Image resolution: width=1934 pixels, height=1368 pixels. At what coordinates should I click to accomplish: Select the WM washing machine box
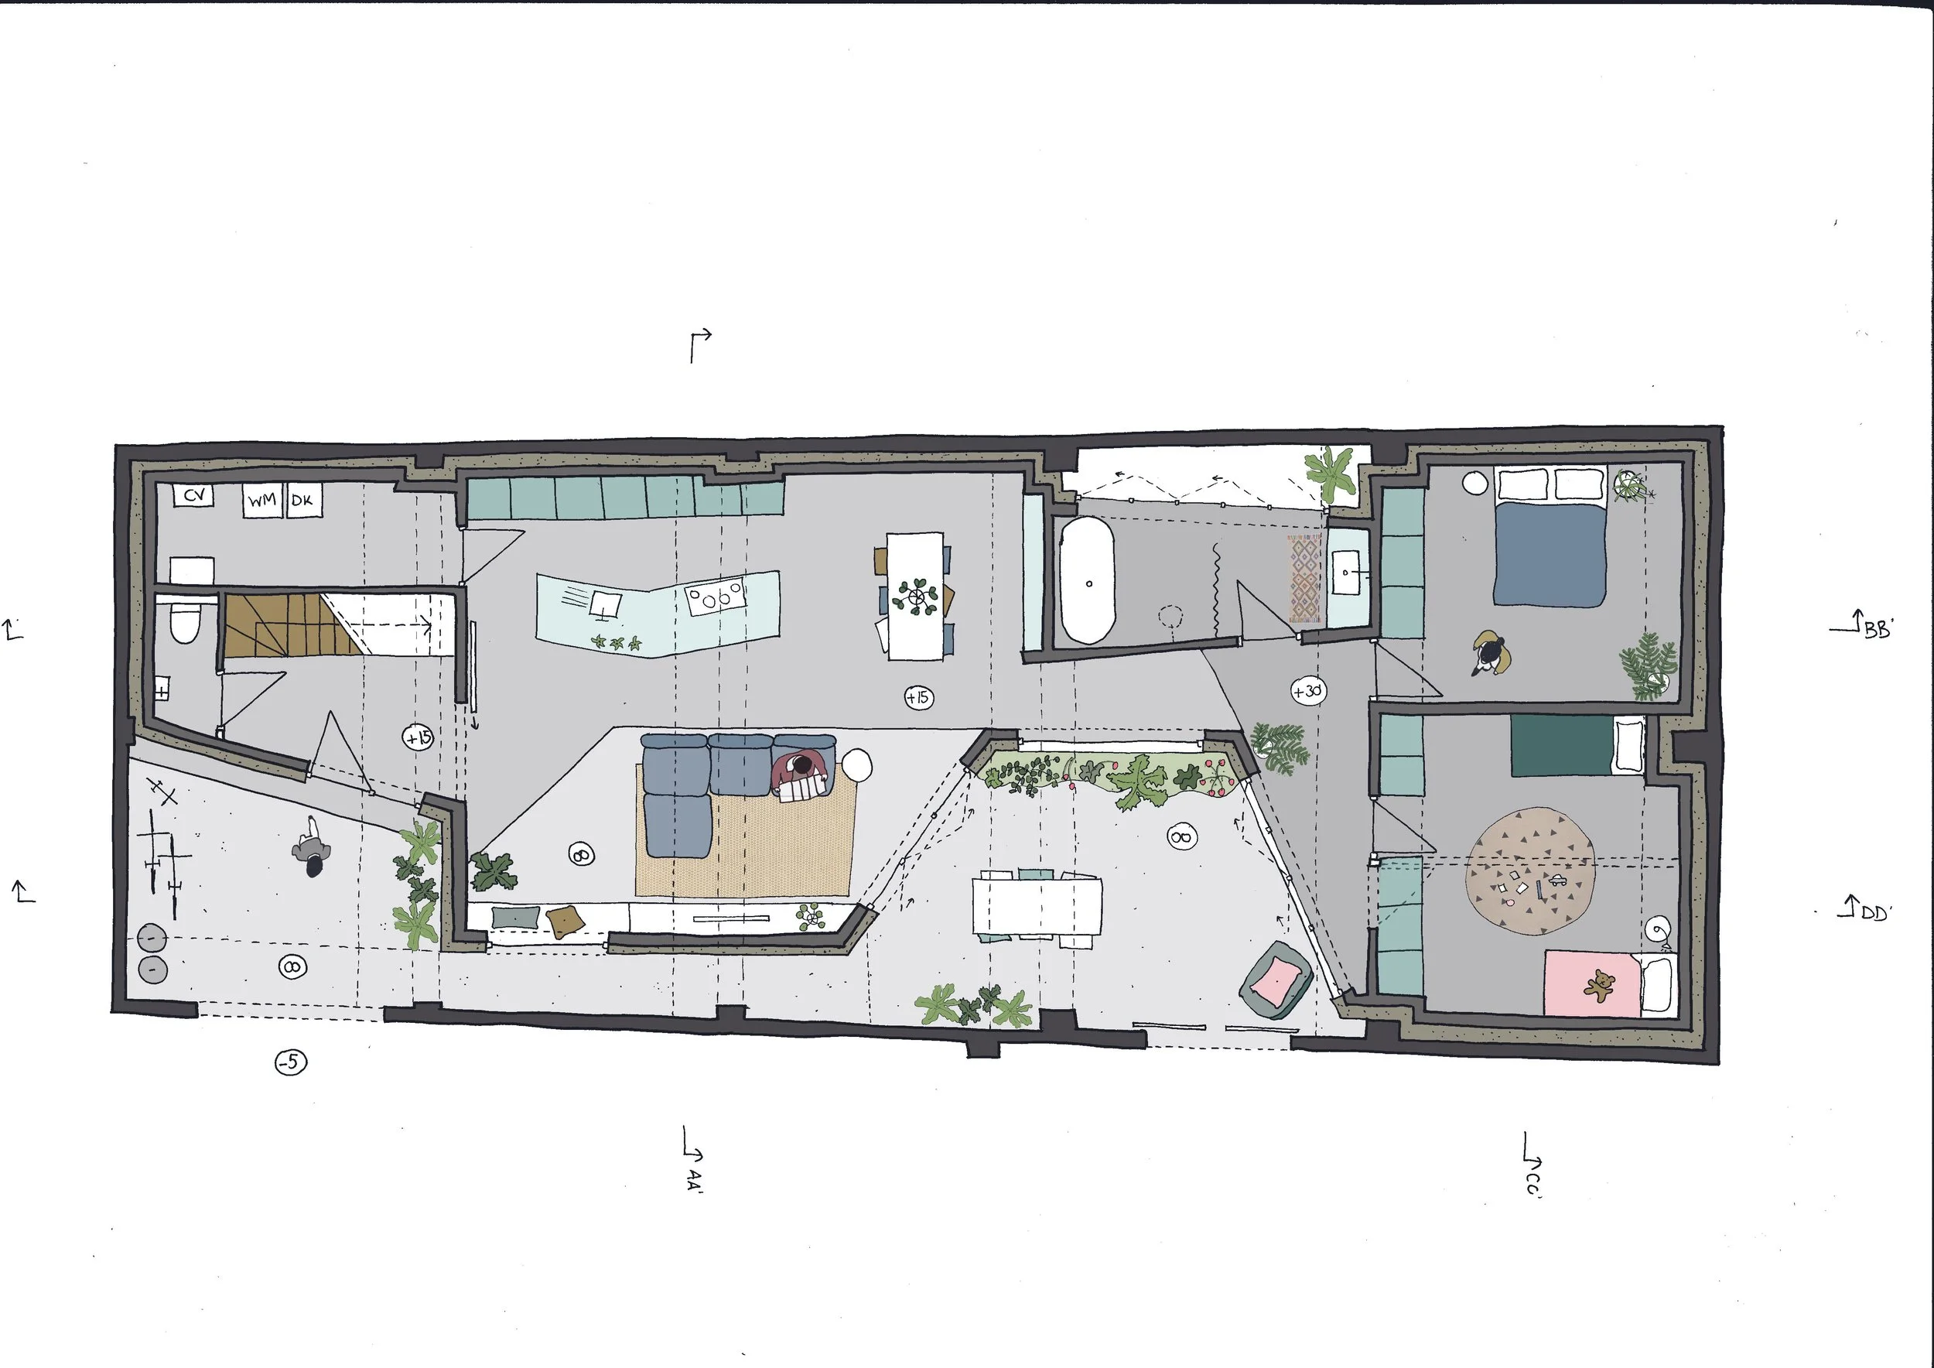pos(262,501)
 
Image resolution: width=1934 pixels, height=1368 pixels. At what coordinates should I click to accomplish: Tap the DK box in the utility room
pos(302,501)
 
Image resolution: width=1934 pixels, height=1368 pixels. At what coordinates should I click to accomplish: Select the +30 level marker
pos(1307,692)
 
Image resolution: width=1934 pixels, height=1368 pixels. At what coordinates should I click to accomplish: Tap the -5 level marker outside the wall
pos(291,1062)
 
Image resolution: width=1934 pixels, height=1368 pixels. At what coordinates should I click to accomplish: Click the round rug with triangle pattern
pos(1529,872)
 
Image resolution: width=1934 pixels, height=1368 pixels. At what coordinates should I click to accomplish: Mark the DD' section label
pos(1874,911)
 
